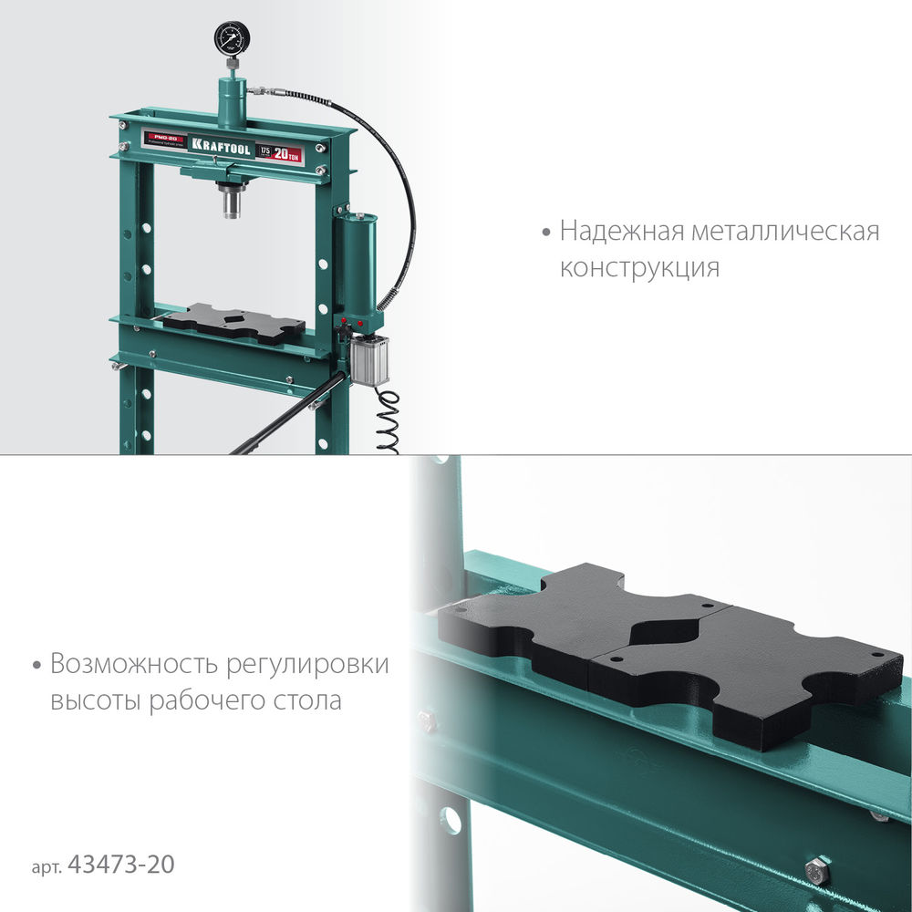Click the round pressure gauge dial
[232, 39]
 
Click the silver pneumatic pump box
[370, 358]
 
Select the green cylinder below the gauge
[233, 100]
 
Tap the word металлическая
[785, 231]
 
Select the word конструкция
[639, 268]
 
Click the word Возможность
[127, 663]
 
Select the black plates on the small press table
[233, 325]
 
